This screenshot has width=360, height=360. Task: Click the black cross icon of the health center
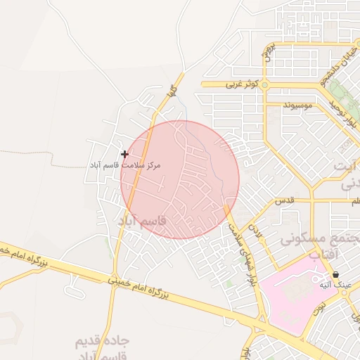pos(124,154)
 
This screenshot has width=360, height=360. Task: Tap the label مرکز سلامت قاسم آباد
pos(124,165)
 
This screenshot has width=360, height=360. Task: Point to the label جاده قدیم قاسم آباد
pos(103,348)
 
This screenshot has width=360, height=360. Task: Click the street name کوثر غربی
pos(242,84)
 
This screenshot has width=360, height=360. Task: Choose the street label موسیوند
pos(302,105)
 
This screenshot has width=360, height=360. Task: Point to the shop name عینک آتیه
pos(335,285)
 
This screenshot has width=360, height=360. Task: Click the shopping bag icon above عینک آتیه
pos(335,274)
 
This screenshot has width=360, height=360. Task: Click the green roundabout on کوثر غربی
pos(268,84)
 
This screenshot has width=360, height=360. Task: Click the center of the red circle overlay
pos(180,179)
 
